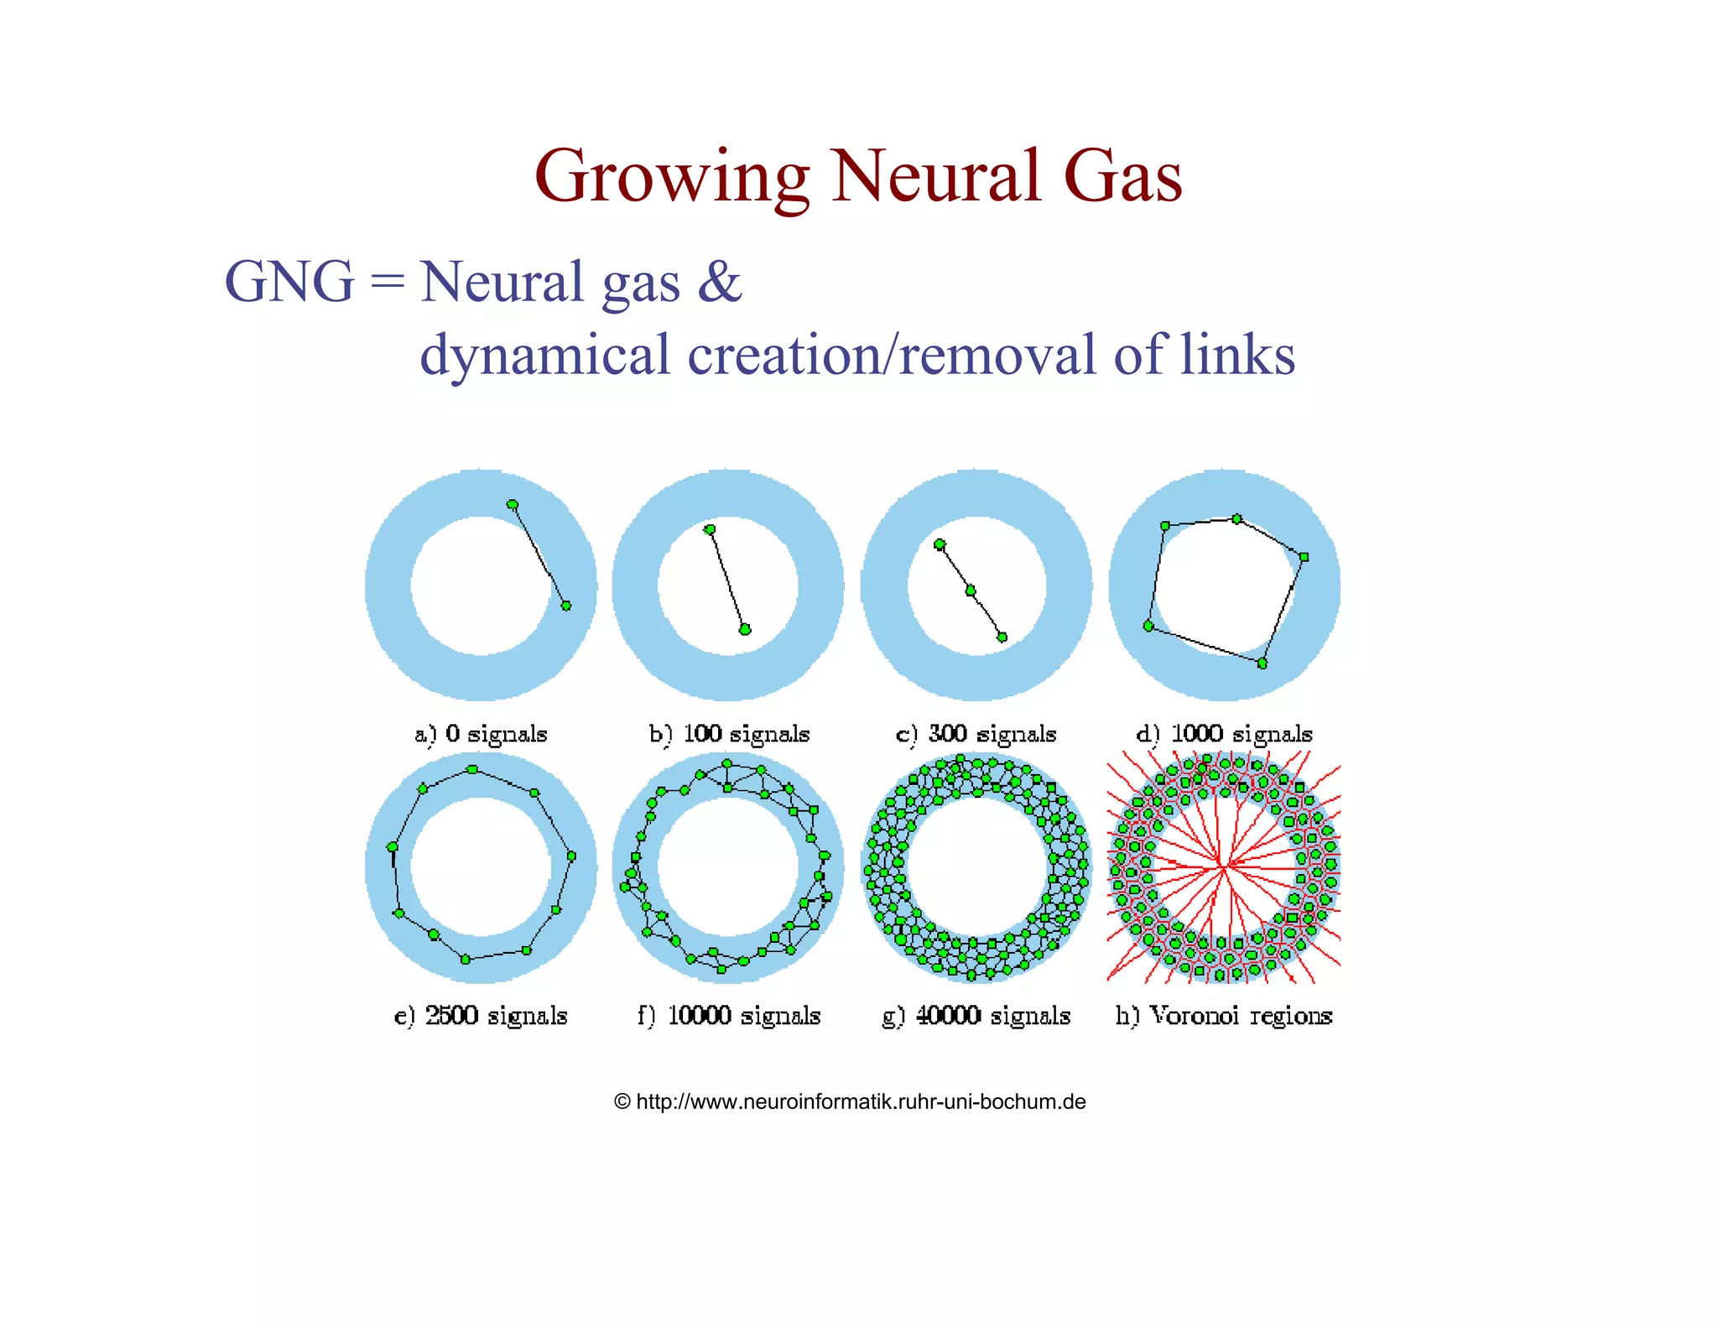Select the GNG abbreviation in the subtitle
tap(289, 282)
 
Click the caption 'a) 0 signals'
tap(481, 734)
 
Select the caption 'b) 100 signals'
tap(729, 734)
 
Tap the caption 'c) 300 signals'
tap(976, 734)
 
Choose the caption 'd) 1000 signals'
tap(1224, 734)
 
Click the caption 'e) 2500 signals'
tap(481, 1016)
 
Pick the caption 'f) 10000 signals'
tap(729, 1016)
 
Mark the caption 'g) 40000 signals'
tap(976, 1016)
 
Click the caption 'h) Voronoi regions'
tap(1224, 1016)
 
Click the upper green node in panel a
tap(513, 505)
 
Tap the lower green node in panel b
tap(745, 630)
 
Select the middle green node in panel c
tap(971, 591)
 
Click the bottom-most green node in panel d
tap(1262, 663)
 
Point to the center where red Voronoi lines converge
tap(1223, 865)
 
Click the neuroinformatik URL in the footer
tap(861, 1102)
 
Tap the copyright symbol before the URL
tap(622, 1102)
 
